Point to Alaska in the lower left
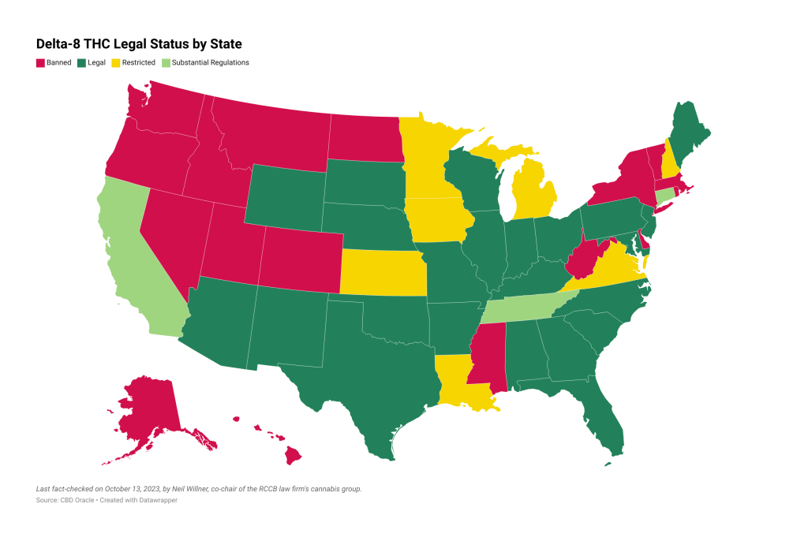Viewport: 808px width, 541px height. pyautogui.click(x=146, y=410)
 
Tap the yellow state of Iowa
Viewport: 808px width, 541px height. pyautogui.click(x=438, y=221)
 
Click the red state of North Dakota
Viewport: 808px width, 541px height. pyautogui.click(x=363, y=138)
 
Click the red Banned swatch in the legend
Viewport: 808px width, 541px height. pyautogui.click(x=39, y=62)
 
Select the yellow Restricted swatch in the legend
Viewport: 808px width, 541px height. pyautogui.click(x=115, y=62)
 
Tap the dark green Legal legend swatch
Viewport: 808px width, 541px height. pyautogui.click(x=80, y=62)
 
